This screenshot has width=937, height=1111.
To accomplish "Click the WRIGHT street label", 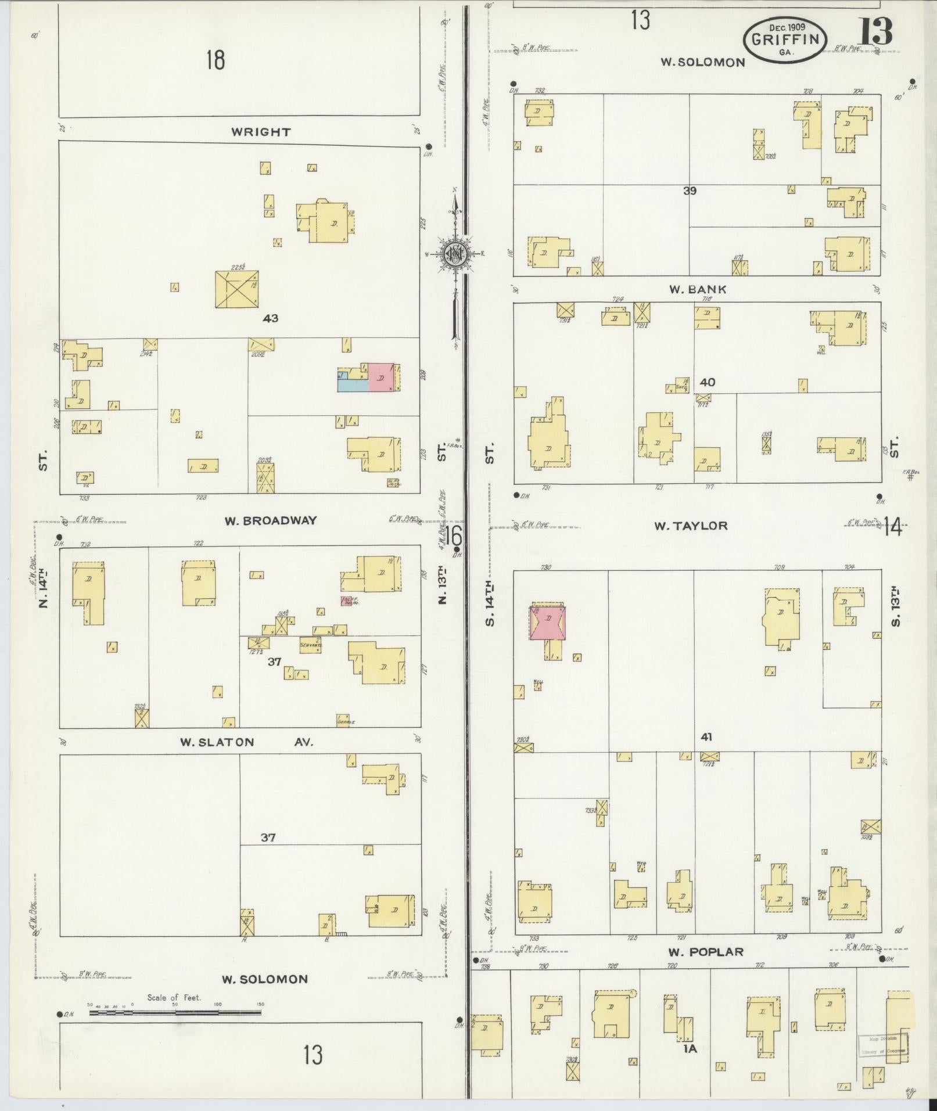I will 261,132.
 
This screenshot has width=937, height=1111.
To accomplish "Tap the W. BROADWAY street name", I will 271,520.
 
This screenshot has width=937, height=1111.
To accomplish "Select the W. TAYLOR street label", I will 691,526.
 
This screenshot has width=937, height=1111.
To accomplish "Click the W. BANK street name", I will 697,289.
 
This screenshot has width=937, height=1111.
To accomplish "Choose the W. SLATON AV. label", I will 246,742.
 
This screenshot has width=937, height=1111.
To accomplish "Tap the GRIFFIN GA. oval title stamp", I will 784,39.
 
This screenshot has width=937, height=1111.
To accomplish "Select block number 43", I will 270,318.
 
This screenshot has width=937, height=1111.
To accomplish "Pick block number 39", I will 690,190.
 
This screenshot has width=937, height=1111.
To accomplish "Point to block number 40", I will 708,382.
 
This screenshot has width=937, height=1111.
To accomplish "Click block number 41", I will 706,737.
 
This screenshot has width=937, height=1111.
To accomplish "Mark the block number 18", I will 216,60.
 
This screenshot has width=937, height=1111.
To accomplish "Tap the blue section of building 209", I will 351,385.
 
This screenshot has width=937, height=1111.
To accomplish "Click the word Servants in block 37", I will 311,645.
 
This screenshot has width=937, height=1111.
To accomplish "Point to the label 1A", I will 690,1048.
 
